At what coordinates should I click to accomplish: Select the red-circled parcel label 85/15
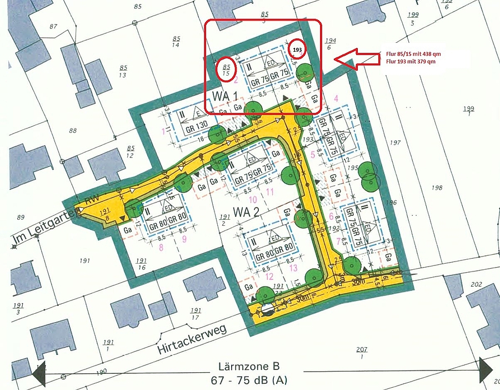pos(226,68)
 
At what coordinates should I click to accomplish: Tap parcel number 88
pos(72,131)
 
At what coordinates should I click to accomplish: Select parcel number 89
pos(21,217)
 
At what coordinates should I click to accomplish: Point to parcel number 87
pos(53,27)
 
